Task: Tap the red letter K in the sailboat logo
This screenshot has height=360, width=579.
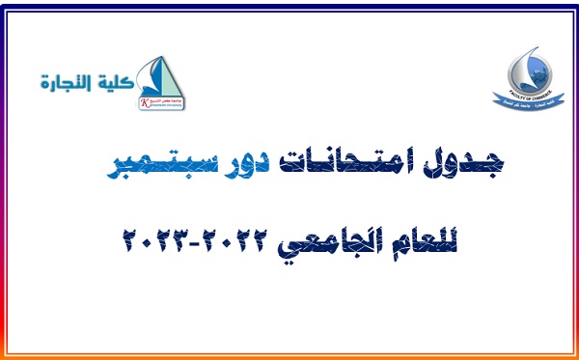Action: [x=145, y=98]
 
